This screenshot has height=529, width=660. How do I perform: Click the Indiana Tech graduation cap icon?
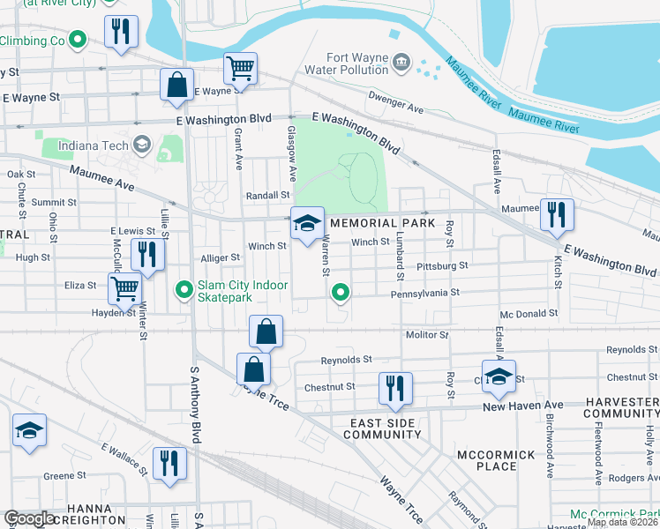tap(141, 145)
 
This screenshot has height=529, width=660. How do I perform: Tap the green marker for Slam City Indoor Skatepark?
tap(184, 288)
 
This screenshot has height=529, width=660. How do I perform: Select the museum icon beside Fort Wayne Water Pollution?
tap(401, 61)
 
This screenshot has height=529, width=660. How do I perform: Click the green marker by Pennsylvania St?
tap(340, 291)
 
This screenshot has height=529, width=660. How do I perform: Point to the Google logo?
tap(29, 518)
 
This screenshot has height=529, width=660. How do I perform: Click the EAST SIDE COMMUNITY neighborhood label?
tap(382, 428)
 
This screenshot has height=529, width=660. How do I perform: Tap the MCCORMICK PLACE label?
tap(498, 459)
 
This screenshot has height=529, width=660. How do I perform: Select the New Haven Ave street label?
tap(526, 406)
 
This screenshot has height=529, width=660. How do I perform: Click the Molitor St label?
tap(427, 335)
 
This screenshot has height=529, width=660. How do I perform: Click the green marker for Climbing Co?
tap(78, 40)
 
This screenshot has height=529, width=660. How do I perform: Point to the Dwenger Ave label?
tap(396, 103)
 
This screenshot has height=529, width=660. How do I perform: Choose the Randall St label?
tap(267, 195)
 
